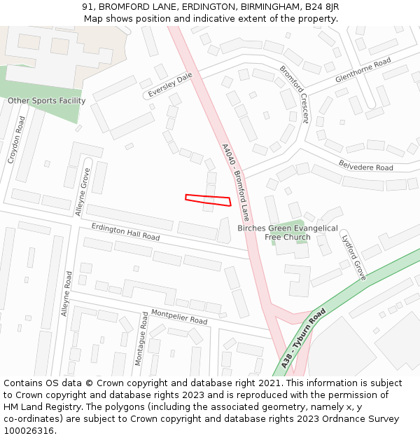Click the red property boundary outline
tap(208, 200)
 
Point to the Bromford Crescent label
tap(294, 94)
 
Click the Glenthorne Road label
tap(363, 71)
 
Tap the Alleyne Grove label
tap(83, 191)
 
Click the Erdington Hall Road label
tap(126, 232)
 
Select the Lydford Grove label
tap(353, 257)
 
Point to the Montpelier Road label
tap(179, 316)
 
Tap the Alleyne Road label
tap(65, 294)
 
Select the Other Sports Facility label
tap(46, 101)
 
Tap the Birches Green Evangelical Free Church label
tap(287, 233)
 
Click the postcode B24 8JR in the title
tap(323, 6)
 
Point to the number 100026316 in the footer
tap(29, 431)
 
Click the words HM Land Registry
tap(36, 407)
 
